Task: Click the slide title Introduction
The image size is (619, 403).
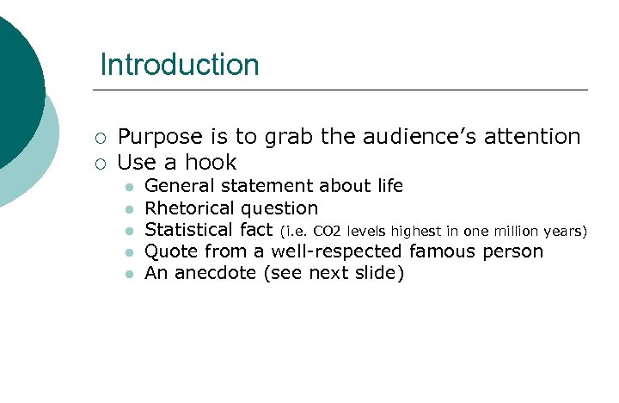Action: (179, 65)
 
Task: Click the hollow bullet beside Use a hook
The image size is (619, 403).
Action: (101, 164)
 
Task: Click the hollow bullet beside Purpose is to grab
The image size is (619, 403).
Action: (101, 138)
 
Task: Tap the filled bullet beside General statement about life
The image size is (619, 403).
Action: (127, 187)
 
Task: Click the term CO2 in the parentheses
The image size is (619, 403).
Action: (327, 231)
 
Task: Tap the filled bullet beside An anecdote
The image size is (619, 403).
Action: (127, 275)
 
